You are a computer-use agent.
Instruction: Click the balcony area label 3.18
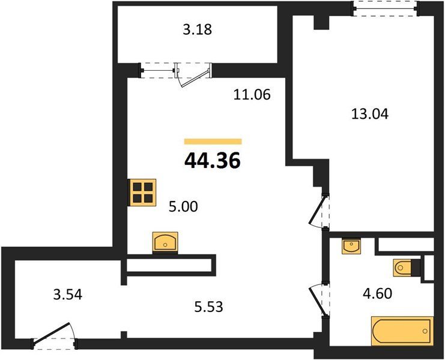[x=197, y=29]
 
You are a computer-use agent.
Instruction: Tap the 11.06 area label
[x=252, y=94]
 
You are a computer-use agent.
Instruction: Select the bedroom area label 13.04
[x=369, y=114]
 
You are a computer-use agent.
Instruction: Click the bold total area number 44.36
[x=212, y=160]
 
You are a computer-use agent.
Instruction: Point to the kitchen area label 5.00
[x=183, y=206]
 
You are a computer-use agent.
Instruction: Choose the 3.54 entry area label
[x=67, y=295]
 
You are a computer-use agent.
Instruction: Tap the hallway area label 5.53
[x=208, y=307]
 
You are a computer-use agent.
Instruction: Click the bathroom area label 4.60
[x=378, y=293]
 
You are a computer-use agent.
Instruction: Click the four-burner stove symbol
[x=142, y=192]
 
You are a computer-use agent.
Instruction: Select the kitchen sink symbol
[x=165, y=242]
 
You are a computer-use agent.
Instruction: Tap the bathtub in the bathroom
[x=402, y=331]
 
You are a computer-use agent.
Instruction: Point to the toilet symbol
[x=402, y=268]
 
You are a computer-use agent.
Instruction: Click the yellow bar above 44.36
[x=213, y=142]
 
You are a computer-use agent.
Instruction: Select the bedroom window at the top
[x=385, y=8]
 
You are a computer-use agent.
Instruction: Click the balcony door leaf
[x=196, y=77]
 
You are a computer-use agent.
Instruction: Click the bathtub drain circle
[x=425, y=331]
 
